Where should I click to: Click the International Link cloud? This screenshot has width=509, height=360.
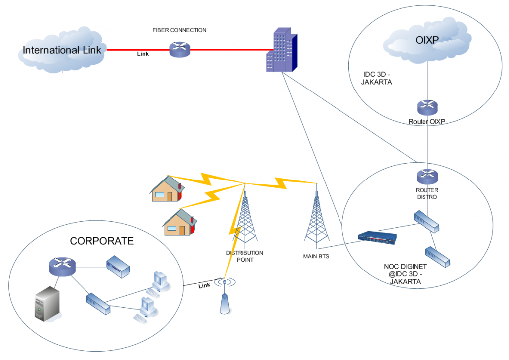[x=62, y=50]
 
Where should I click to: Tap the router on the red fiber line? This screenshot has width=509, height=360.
[x=179, y=49]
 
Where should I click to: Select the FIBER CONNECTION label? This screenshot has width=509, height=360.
[x=179, y=30]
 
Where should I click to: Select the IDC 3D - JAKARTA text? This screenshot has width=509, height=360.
[x=378, y=78]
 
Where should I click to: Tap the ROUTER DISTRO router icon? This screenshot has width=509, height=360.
[x=427, y=176]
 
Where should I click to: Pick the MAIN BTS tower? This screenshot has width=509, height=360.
[x=316, y=219]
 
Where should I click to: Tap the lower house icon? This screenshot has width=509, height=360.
[x=180, y=222]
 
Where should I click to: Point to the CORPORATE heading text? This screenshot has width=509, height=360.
[x=101, y=241]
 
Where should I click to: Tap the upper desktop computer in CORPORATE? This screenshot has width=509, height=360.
[x=161, y=281]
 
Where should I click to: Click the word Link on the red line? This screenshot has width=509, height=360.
[x=143, y=54]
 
